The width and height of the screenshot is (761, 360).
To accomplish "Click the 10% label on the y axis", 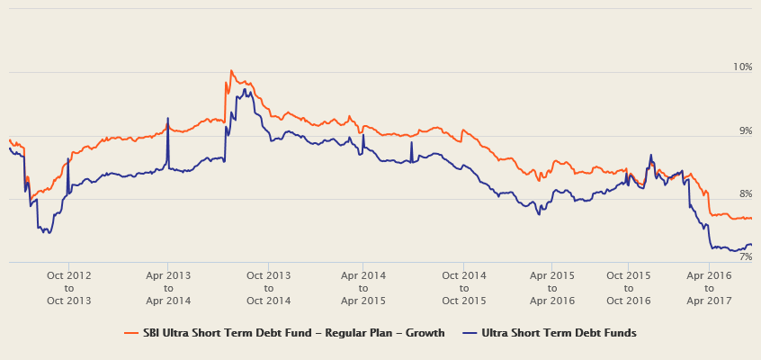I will click(x=742, y=67).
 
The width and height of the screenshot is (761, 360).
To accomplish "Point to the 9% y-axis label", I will click(x=745, y=131).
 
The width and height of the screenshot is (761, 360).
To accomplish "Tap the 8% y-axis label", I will click(x=745, y=194).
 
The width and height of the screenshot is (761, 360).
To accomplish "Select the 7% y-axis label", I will click(x=745, y=257).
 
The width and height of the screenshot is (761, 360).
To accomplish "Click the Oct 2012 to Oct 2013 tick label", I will click(x=69, y=287).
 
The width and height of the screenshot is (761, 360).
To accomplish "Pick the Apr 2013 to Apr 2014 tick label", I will click(x=168, y=287).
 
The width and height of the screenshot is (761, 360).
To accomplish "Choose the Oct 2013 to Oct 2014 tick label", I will click(x=268, y=287).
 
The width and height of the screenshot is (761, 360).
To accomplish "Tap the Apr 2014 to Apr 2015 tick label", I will click(x=363, y=287).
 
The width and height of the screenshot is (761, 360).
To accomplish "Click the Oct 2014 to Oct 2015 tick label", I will click(x=463, y=287).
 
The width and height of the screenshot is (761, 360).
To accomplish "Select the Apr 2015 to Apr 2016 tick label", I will click(x=552, y=287).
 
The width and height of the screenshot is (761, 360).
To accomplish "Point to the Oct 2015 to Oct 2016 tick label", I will click(x=628, y=287).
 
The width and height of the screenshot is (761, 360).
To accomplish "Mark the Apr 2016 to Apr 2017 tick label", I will click(x=709, y=287).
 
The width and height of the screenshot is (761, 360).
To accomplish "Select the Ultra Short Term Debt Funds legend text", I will click(x=559, y=333).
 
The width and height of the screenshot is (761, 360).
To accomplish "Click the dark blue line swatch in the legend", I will click(x=469, y=333).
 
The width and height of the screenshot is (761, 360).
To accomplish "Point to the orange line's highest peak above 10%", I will click(x=230, y=70).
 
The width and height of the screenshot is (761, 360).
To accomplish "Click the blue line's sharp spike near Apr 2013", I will click(x=167, y=118).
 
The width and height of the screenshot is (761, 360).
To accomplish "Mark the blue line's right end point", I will click(x=751, y=245).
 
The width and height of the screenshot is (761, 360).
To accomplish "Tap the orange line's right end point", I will click(x=751, y=219).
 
